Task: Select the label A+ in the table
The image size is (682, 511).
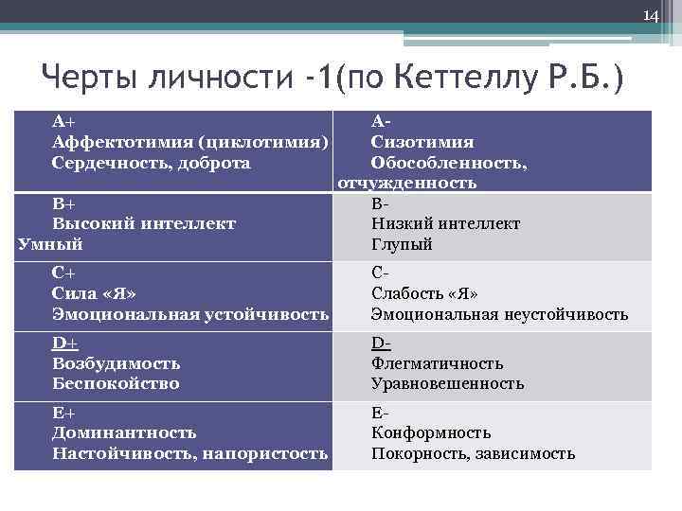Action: pyautogui.click(x=63, y=122)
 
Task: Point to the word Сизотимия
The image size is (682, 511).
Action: pyautogui.click(x=422, y=143)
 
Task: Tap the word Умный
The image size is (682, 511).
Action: pyautogui.click(x=50, y=244)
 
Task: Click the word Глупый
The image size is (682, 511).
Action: pyautogui.click(x=403, y=244)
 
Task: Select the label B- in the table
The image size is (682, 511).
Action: pyautogui.click(x=381, y=203)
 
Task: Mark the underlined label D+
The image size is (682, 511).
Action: pyautogui.click(x=64, y=344)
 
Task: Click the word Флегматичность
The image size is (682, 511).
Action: pyautogui.click(x=437, y=363)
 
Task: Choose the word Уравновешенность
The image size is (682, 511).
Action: pyautogui.click(x=447, y=383)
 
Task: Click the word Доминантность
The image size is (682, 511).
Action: pyautogui.click(x=124, y=432)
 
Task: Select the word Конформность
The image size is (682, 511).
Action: pyautogui.click(x=431, y=432)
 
